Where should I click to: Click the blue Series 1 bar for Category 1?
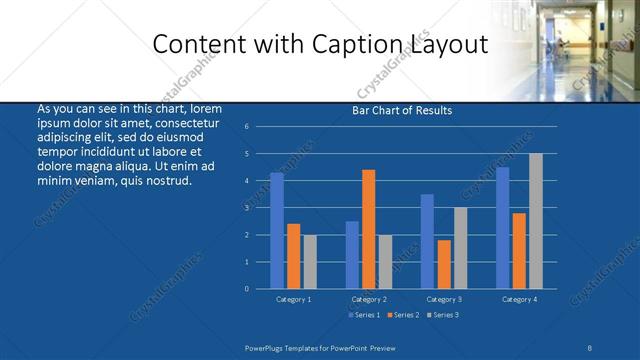click(277, 231)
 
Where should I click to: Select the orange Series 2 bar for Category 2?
click(369, 229)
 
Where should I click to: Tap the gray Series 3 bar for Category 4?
click(536, 221)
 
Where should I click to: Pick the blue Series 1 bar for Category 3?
click(427, 241)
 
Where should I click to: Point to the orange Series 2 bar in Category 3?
click(444, 264)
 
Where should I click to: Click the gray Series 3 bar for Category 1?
click(310, 261)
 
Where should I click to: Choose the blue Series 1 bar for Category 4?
click(502, 228)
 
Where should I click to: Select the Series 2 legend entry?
click(403, 315)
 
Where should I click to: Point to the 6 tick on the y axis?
click(246, 127)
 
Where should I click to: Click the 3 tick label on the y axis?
click(246, 208)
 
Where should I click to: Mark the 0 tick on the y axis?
click(246, 289)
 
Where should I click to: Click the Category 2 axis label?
click(369, 299)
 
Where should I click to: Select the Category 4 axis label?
click(519, 299)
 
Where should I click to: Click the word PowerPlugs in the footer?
click(270, 347)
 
